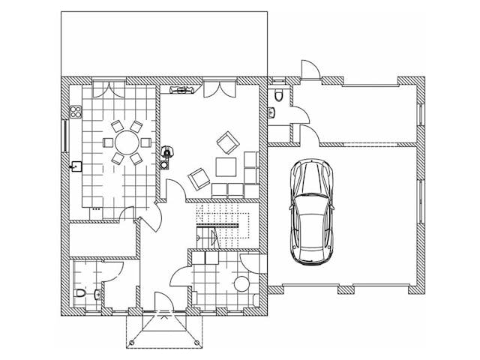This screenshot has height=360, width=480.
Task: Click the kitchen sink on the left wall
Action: (76, 166)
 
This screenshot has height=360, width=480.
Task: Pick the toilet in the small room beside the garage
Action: (278, 94)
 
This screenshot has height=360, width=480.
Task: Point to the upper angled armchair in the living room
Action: (226, 141)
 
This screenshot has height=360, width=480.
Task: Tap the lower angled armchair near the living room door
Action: (199, 178)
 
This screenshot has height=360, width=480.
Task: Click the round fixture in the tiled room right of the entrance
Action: (241, 283)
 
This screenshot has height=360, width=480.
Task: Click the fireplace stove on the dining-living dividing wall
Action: (166, 153)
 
